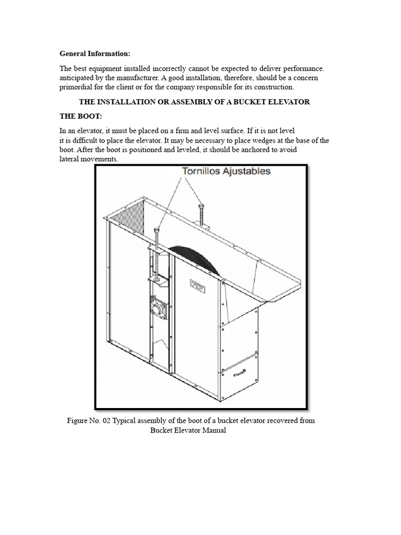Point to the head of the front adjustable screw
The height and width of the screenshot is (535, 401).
point(157,230)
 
